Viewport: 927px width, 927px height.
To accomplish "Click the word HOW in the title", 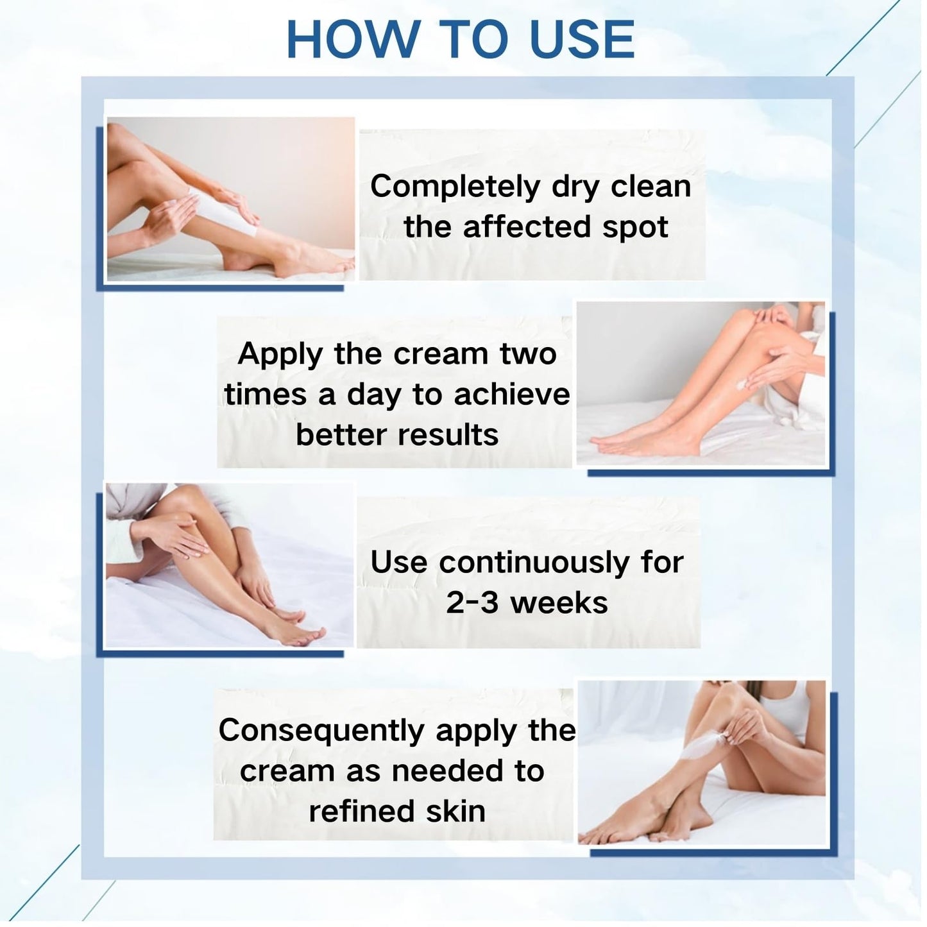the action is coord(352,40).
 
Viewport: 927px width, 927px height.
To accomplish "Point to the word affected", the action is coord(526,226).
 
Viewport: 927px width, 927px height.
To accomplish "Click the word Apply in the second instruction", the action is coord(280,355).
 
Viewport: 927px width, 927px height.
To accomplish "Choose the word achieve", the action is coord(512,395).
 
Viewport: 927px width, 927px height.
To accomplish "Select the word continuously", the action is coord(534,563).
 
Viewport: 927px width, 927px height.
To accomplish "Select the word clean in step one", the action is coord(651,187).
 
